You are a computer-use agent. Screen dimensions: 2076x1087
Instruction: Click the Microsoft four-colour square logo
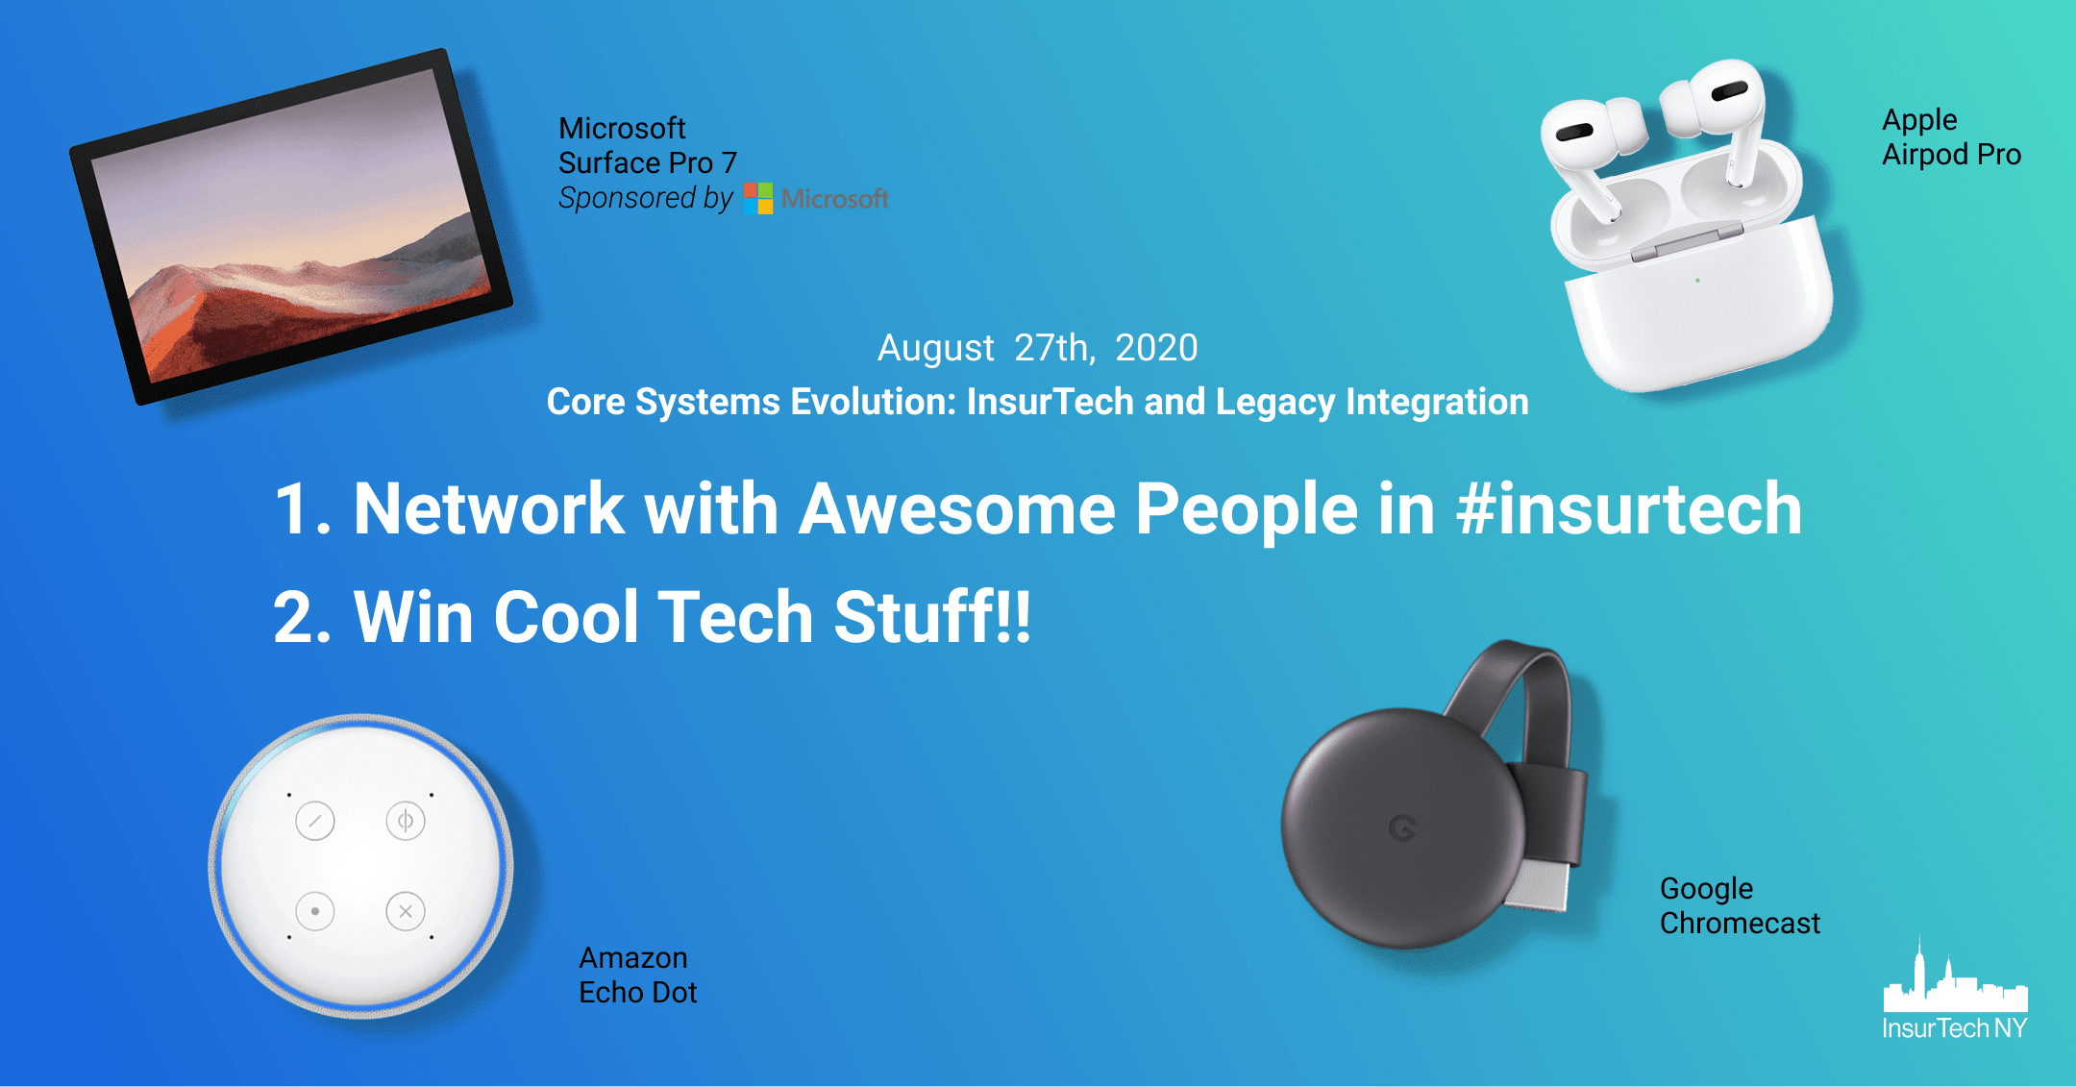pyautogui.click(x=758, y=198)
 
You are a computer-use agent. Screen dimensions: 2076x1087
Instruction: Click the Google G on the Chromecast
pyautogui.click(x=1403, y=828)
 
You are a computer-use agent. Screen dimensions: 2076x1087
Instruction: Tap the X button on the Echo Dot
pyautogui.click(x=406, y=911)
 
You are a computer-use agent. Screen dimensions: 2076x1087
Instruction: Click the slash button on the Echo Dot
pyautogui.click(x=315, y=821)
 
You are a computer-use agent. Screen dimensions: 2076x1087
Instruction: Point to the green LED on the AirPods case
pyautogui.click(x=1698, y=281)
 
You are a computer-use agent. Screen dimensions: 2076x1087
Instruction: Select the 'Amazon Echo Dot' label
pyautogui.click(x=637, y=975)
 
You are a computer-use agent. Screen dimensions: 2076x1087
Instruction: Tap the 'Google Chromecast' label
pyautogui.click(x=1740, y=905)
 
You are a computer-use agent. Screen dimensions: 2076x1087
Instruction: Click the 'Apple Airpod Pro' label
pyautogui.click(x=1951, y=136)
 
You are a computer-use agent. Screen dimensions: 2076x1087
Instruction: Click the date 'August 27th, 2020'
pyautogui.click(x=1038, y=348)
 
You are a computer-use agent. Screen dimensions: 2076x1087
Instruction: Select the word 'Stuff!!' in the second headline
pyautogui.click(x=932, y=616)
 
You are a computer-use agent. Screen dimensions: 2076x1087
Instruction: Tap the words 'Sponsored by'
pyautogui.click(x=646, y=198)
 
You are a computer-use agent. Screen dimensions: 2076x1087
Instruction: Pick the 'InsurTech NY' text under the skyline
pyautogui.click(x=1955, y=1028)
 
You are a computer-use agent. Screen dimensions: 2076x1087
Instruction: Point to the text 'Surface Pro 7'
pyautogui.click(x=648, y=162)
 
